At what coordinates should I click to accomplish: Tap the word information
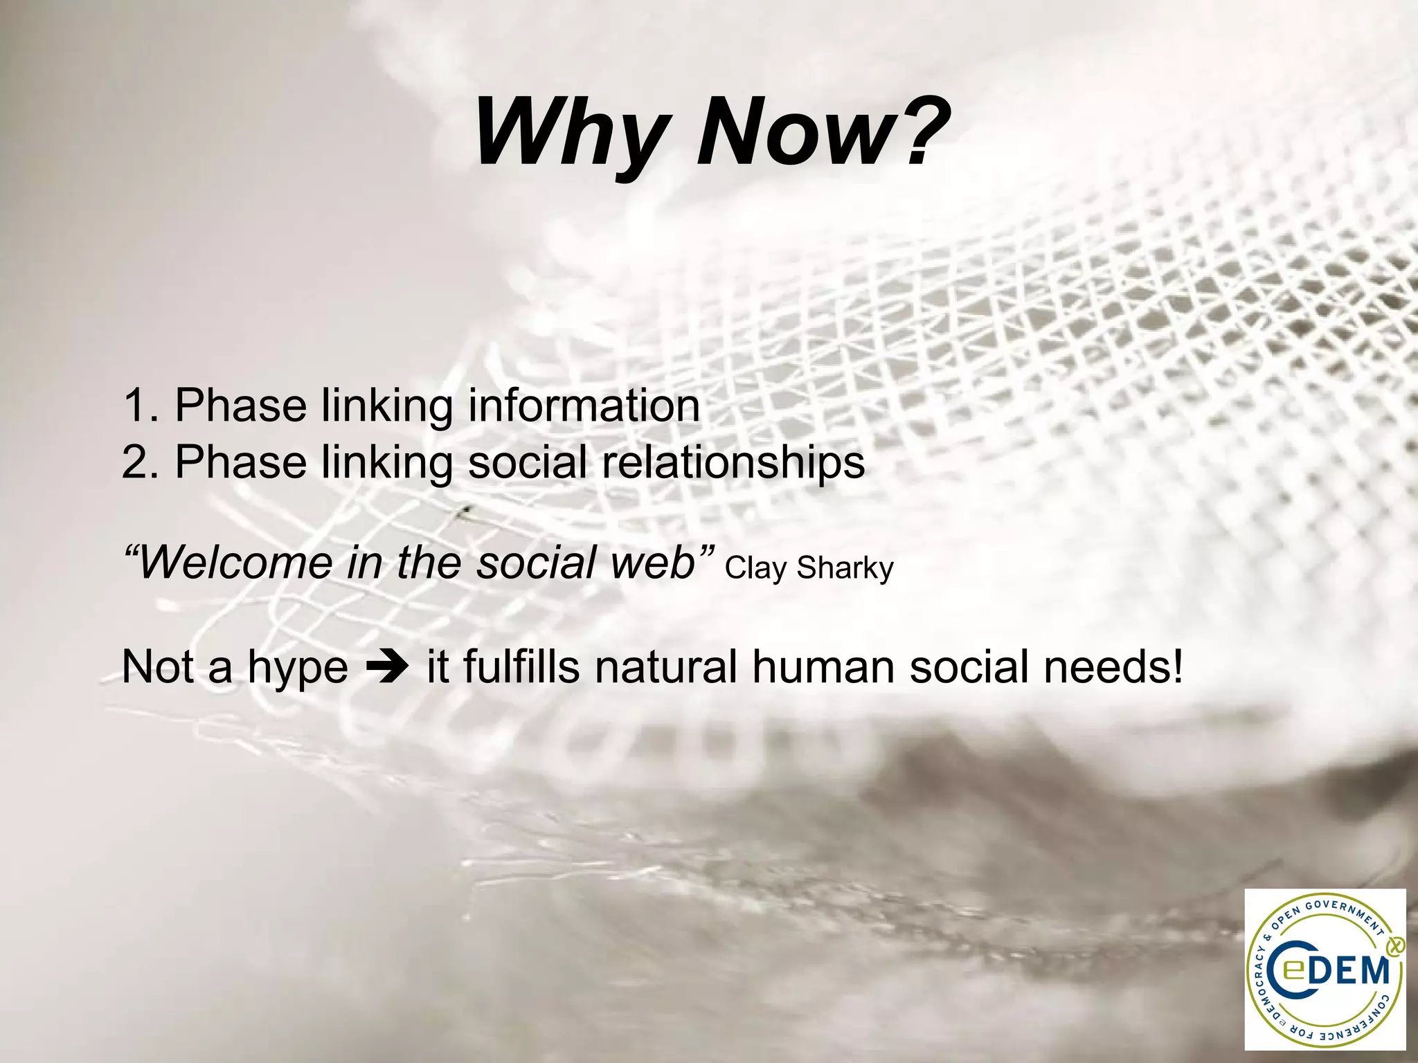pyautogui.click(x=584, y=406)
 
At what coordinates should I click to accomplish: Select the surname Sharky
pyautogui.click(x=845, y=568)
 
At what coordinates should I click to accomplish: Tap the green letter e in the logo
pyautogui.click(x=1292, y=972)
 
